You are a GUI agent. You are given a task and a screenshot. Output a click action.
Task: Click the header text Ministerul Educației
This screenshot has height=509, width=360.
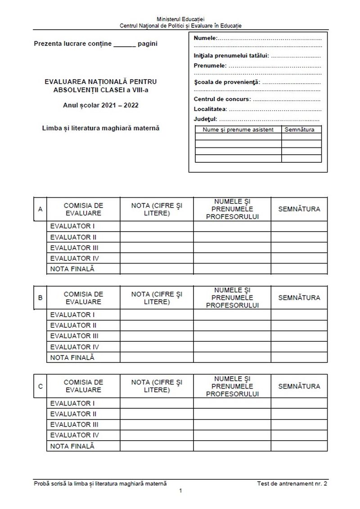pyautogui.click(x=180, y=19)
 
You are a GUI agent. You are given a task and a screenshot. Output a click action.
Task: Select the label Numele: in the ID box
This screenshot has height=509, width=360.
pyautogui.click(x=205, y=38)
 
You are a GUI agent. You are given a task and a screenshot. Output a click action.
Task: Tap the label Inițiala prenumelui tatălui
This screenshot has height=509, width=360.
pyautogui.click(x=231, y=56)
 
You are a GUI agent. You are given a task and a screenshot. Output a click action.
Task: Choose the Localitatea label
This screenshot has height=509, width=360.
pyautogui.click(x=210, y=109)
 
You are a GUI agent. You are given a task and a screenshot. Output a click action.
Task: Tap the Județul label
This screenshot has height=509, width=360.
pyautogui.click(x=206, y=119)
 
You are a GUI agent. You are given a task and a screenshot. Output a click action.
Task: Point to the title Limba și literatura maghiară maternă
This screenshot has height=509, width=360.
pyautogui.click(x=101, y=128)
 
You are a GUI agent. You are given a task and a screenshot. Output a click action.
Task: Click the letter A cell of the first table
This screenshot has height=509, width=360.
pyautogui.click(x=40, y=209)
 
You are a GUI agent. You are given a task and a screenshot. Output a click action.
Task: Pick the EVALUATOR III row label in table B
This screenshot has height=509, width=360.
pyautogui.click(x=74, y=336)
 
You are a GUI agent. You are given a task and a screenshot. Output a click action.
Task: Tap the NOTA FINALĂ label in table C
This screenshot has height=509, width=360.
pyautogui.click(x=72, y=446)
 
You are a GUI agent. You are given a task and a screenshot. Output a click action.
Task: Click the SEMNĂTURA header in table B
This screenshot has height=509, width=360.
pyautogui.click(x=299, y=298)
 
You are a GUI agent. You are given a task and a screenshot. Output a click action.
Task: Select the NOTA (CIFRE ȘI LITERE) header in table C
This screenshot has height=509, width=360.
pyautogui.click(x=157, y=386)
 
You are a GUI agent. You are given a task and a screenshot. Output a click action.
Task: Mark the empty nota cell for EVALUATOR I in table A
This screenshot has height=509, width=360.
pyautogui.click(x=157, y=226)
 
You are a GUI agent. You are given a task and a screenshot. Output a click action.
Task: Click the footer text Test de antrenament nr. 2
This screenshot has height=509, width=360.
pyautogui.click(x=292, y=483)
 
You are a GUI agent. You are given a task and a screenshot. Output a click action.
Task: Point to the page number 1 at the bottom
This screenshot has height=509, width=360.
pyautogui.click(x=180, y=491)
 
